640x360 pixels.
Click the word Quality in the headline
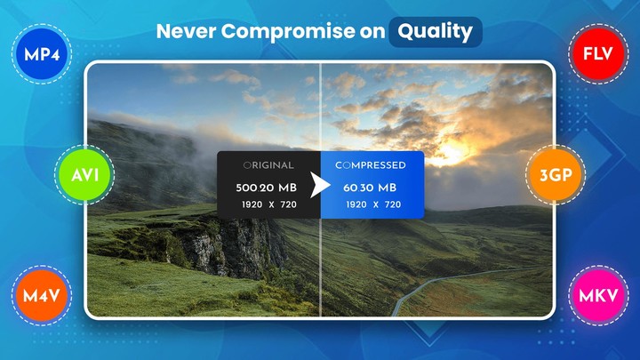click(435, 32)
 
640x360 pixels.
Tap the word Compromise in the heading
click(284, 32)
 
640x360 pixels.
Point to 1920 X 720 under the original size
click(268, 205)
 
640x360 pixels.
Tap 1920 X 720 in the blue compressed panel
click(372, 205)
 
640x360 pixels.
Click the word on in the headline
click(369, 32)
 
